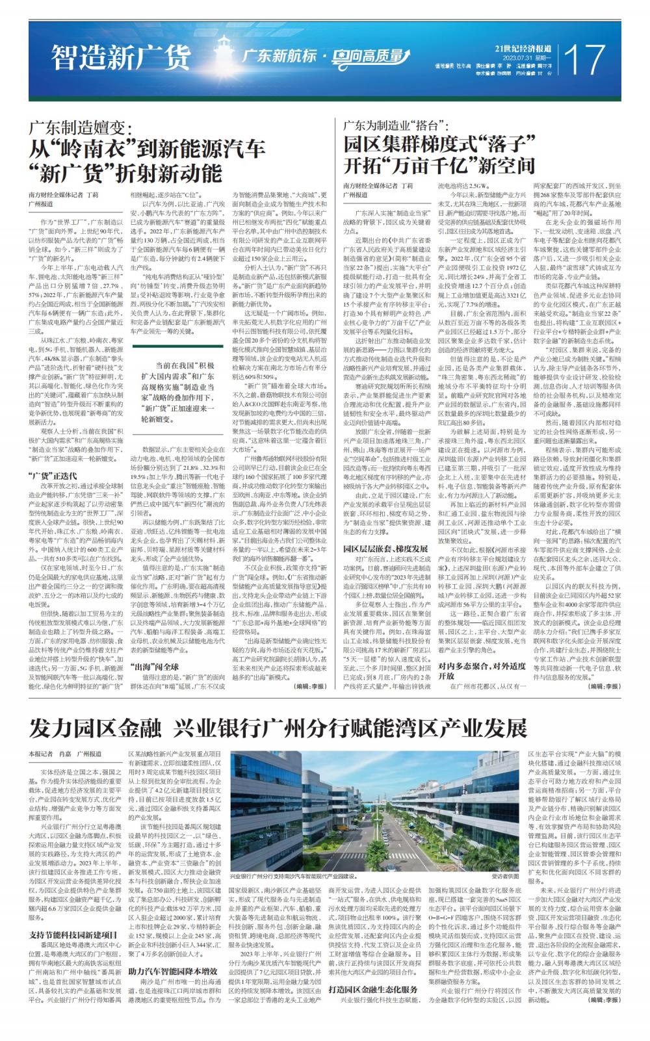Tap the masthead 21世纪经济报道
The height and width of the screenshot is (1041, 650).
coord(523,48)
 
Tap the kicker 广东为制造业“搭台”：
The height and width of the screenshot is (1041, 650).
coord(404,123)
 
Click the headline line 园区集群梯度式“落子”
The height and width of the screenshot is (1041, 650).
coord(439,144)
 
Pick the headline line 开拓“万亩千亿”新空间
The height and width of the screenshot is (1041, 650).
coord(439,165)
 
